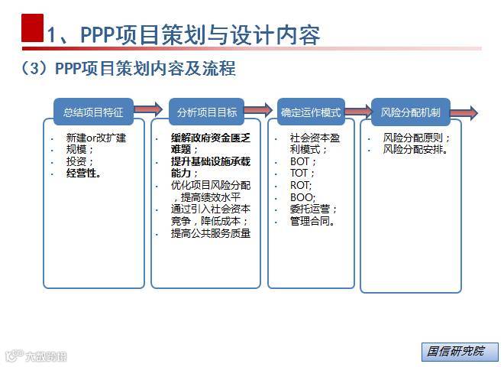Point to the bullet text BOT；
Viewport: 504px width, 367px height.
(x=304, y=162)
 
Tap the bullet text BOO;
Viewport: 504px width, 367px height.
(x=303, y=197)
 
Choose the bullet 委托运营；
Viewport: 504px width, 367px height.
(x=313, y=209)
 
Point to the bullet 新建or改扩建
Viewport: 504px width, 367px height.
(x=95, y=138)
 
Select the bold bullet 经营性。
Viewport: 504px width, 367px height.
(x=84, y=174)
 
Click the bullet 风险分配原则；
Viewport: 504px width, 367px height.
(x=416, y=138)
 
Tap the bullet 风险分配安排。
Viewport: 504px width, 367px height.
(x=416, y=150)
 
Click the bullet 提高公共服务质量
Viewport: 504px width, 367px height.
(x=211, y=233)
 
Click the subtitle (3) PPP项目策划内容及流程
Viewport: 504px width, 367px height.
(x=128, y=69)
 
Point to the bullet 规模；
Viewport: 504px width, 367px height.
(x=79, y=150)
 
